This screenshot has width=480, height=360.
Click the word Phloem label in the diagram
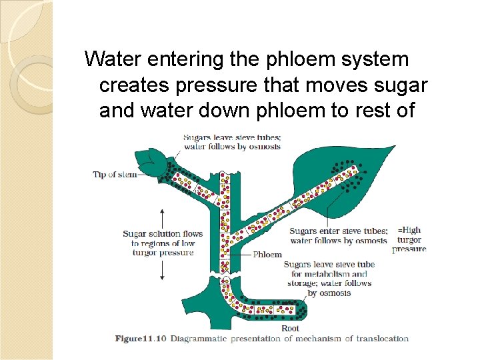click(x=267, y=254)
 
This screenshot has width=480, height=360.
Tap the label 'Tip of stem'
click(x=114, y=175)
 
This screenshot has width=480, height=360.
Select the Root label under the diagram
click(x=290, y=328)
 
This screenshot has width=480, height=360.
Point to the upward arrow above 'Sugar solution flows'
click(x=163, y=217)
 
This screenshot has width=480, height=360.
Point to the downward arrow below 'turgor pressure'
click(x=163, y=269)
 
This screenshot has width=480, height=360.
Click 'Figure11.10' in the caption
click(x=141, y=339)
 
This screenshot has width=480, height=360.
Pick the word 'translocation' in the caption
click(x=383, y=339)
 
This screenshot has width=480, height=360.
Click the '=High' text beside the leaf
click(x=409, y=231)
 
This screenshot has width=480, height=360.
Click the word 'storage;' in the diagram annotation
click(x=302, y=283)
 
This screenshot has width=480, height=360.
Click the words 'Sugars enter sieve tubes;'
click(x=338, y=231)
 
